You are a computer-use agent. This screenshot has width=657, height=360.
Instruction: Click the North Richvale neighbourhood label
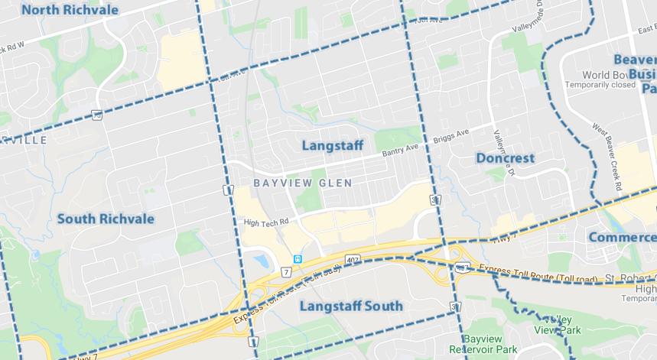70,10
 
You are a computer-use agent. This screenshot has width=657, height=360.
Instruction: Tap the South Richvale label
106,219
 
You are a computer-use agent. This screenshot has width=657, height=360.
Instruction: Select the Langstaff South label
350,306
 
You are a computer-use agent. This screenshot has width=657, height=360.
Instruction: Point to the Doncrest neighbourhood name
505,158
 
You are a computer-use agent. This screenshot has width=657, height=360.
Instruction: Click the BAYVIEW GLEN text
303,183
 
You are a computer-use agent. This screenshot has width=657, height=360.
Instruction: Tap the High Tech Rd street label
265,222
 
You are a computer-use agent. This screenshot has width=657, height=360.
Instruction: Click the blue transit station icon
297,259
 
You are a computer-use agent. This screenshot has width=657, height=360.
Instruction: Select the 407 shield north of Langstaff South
352,261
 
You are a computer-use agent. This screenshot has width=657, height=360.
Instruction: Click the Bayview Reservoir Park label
490,344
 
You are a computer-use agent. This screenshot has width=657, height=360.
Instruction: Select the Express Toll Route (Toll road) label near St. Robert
536,271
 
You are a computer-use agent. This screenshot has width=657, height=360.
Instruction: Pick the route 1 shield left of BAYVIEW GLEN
228,189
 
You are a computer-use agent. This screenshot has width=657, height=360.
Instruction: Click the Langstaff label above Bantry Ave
332,145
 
